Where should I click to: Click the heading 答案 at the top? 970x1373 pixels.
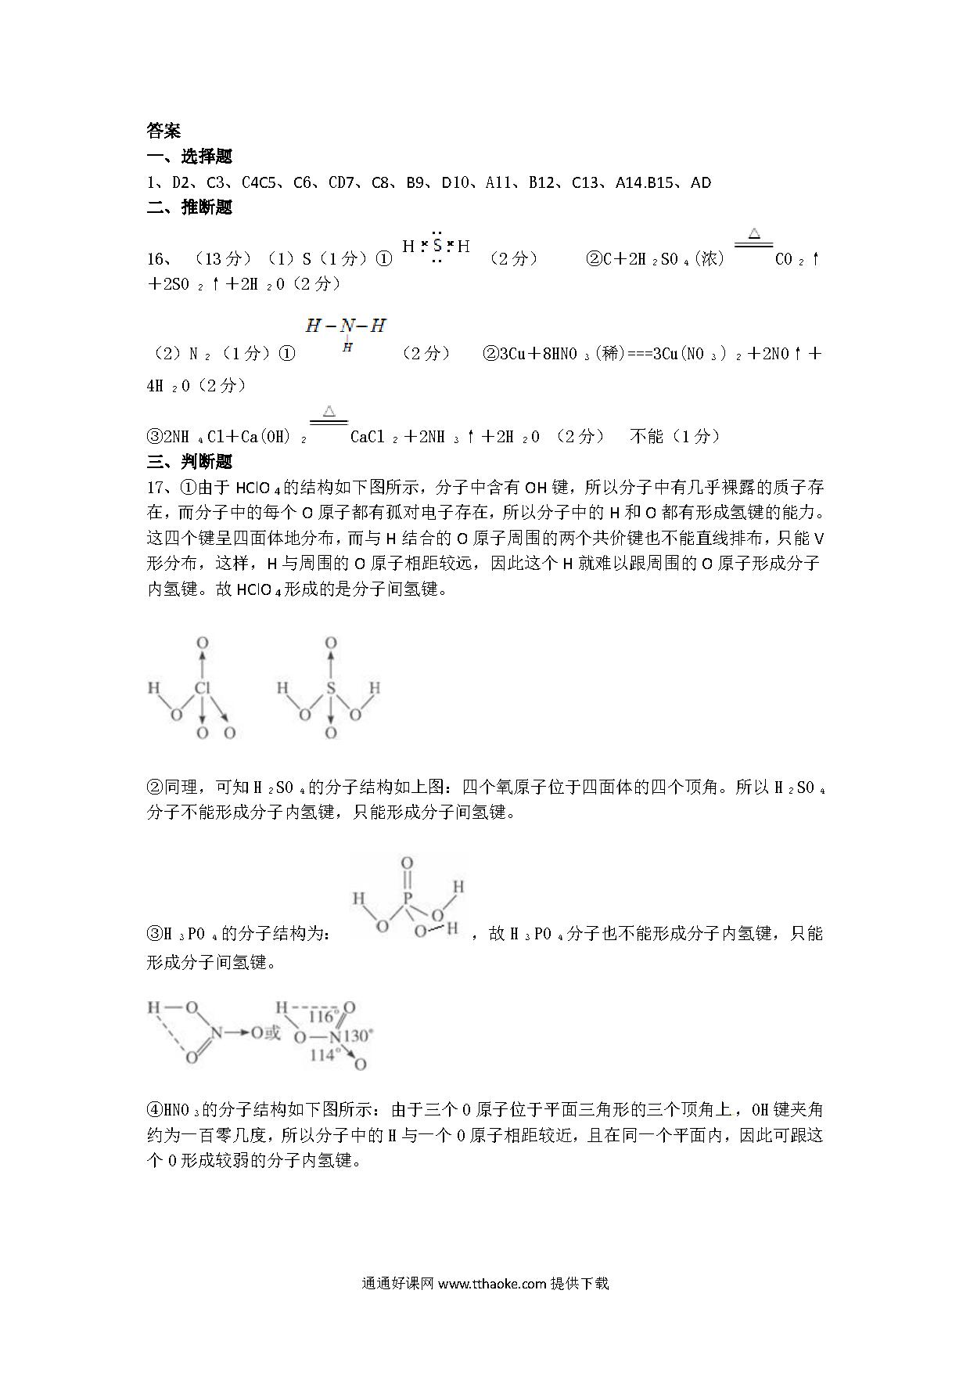tap(163, 130)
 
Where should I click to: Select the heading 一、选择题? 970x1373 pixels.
tap(189, 157)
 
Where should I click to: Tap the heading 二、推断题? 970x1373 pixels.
tap(189, 207)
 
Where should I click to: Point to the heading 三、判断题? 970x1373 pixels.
tap(189, 462)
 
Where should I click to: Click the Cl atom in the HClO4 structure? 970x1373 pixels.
tap(203, 689)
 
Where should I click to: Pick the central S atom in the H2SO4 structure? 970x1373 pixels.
tap(331, 689)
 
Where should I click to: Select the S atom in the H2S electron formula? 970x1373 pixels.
tap(437, 246)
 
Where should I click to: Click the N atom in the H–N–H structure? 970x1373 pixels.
tap(347, 326)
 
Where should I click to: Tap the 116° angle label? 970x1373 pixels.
tap(322, 1017)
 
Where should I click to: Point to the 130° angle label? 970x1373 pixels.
tap(358, 1036)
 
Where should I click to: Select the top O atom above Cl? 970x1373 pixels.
tap(203, 643)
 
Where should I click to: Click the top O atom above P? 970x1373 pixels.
tap(407, 863)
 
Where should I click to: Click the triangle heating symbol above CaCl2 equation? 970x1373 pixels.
tap(329, 411)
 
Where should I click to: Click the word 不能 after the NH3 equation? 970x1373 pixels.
tap(646, 436)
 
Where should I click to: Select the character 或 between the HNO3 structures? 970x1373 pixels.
tap(272, 1033)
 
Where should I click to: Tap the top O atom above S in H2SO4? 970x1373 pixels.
tap(331, 643)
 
